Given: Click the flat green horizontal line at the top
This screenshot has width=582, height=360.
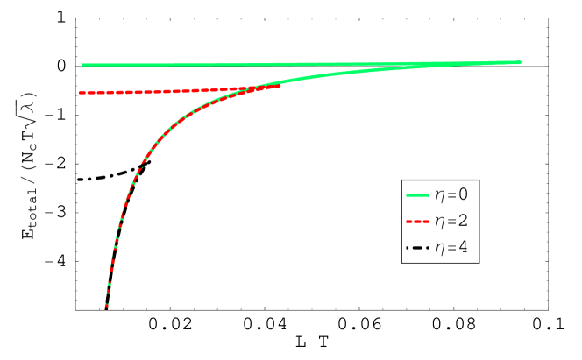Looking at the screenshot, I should (219, 65).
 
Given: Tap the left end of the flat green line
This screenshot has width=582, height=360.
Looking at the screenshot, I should (83, 65).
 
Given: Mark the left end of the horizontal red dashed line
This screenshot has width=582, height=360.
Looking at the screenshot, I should (80, 93).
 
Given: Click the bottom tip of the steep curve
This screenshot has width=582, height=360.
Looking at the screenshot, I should (106, 307).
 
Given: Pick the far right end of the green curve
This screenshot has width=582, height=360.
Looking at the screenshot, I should (519, 62).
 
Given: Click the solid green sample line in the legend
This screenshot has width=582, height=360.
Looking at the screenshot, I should (417, 194).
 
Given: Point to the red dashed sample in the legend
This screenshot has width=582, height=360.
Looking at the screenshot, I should (417, 222).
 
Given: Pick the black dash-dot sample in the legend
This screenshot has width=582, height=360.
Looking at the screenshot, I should (417, 248).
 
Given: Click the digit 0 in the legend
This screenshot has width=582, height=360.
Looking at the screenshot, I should (463, 194).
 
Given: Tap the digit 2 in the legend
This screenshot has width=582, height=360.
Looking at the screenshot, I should (463, 222).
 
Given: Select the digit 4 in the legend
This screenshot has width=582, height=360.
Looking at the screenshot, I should (463, 248).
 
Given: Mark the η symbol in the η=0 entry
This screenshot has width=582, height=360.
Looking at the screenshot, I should (440, 196).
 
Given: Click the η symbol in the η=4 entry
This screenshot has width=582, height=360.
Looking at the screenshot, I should (440, 250).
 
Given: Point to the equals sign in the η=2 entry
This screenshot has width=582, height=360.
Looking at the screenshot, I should (451, 222).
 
